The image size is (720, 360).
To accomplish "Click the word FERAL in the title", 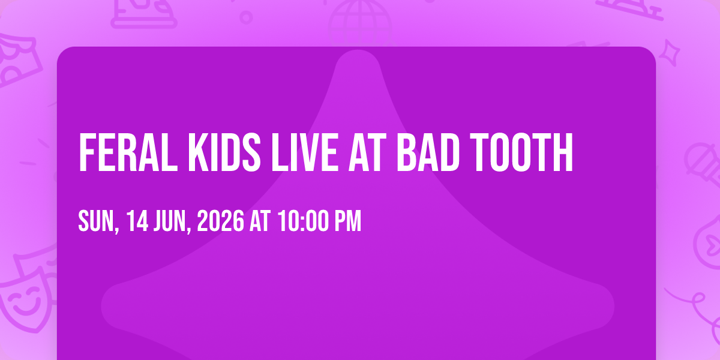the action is [128, 152].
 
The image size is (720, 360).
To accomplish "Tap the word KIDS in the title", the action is [224, 152].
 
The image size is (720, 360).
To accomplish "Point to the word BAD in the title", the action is [427, 152].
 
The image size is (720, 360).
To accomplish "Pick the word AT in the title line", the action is [367, 152].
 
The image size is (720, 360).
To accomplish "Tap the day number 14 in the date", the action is [137, 221].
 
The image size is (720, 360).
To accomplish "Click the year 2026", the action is [221, 221].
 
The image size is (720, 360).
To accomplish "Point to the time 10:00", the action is [304, 221].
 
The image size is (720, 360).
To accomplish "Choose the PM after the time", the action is [348, 221].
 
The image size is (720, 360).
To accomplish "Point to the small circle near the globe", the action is [246, 17].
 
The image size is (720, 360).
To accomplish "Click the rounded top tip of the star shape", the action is [358, 52].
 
